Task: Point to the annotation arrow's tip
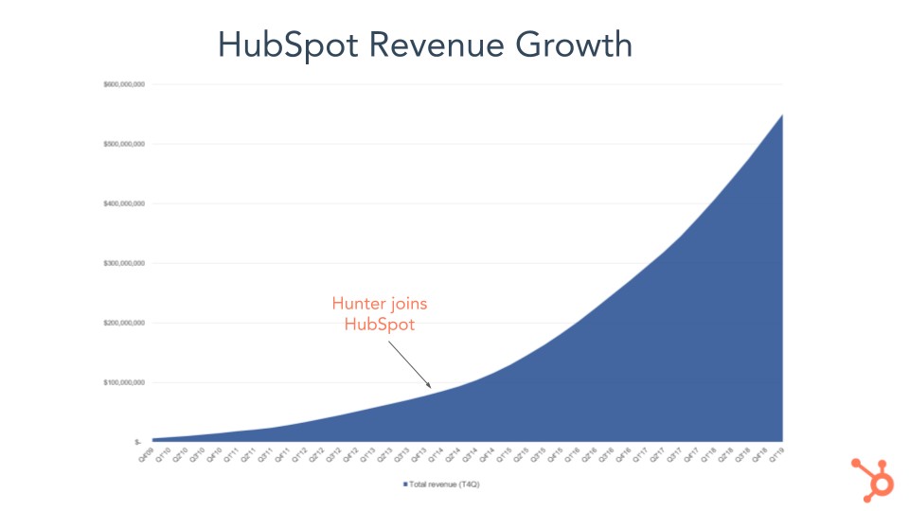point(432,387)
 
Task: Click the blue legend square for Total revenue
point(404,485)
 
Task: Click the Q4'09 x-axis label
point(147,455)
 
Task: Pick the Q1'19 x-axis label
point(779,455)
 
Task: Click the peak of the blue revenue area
point(783,115)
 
